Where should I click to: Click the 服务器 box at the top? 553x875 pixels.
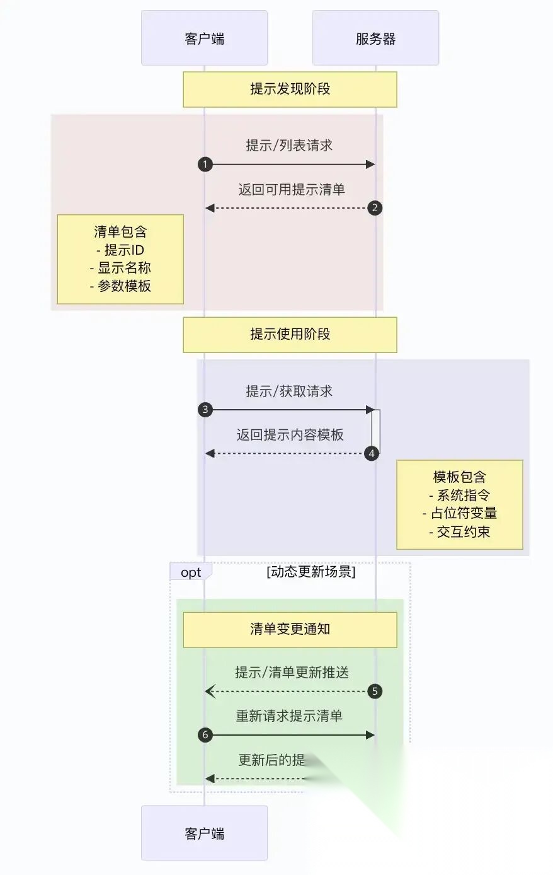(375, 38)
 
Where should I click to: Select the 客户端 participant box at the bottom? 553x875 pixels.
(204, 833)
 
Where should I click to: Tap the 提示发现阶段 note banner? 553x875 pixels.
(290, 89)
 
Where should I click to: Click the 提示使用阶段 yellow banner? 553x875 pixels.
(290, 334)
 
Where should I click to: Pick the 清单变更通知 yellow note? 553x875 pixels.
(290, 629)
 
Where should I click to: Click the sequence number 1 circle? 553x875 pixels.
(205, 165)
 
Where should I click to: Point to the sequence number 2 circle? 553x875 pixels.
(375, 208)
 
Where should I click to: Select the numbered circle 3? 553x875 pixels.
(205, 410)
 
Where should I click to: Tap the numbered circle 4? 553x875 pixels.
(372, 453)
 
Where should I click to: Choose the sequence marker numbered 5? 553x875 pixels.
(375, 692)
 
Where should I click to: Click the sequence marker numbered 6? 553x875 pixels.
(205, 735)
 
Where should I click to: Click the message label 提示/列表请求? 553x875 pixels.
(289, 146)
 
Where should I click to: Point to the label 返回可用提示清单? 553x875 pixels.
(291, 189)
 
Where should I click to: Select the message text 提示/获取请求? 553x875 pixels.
(289, 391)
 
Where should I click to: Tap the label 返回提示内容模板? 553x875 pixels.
(290, 435)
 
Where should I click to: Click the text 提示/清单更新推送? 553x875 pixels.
(292, 673)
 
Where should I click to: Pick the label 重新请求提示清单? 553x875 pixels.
(289, 716)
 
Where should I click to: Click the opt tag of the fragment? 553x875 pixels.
(191, 572)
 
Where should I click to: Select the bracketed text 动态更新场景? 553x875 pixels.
(311, 572)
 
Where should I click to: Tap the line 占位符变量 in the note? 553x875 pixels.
(463, 513)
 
